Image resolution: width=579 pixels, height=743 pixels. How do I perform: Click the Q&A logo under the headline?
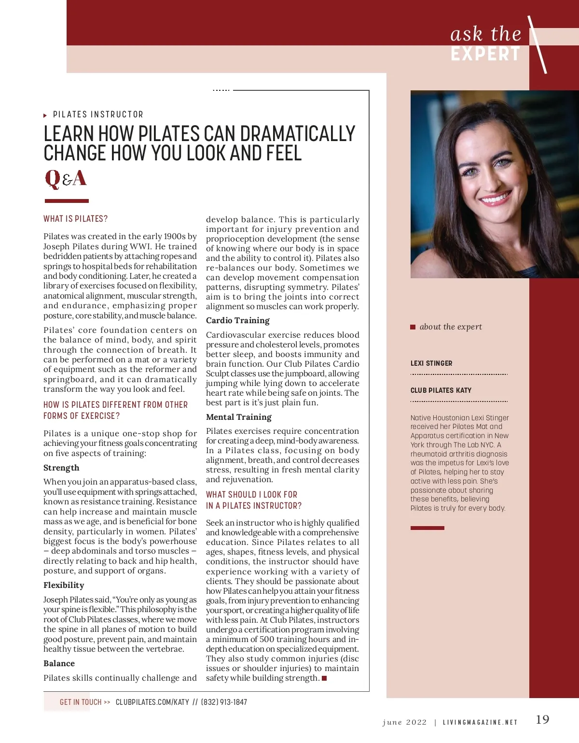pyautogui.click(x=66, y=178)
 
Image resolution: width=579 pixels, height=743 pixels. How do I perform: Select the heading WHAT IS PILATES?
pyautogui.click(x=76, y=219)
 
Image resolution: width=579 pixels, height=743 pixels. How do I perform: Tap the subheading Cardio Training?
pyautogui.click(x=237, y=320)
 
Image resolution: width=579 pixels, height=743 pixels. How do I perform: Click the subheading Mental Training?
pyautogui.click(x=238, y=417)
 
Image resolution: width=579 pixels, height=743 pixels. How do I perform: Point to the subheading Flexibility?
pyautogui.click(x=64, y=585)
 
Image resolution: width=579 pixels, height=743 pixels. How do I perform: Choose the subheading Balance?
pyautogui.click(x=59, y=663)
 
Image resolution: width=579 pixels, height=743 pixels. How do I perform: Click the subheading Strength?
pyautogui.click(x=61, y=468)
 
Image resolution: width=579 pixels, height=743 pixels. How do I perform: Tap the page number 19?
pyautogui.click(x=542, y=719)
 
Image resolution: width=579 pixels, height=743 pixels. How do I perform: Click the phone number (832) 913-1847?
pyautogui.click(x=224, y=702)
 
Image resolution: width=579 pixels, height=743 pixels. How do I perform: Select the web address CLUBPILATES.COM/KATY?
pyautogui.click(x=152, y=702)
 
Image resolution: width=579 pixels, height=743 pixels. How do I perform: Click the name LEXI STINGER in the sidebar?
pyautogui.click(x=431, y=363)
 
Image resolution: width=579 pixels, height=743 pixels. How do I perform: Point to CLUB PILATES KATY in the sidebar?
pyautogui.click(x=441, y=390)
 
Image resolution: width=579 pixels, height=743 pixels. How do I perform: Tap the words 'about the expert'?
pyautogui.click(x=451, y=327)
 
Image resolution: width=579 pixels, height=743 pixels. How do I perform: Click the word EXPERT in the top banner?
pyautogui.click(x=485, y=54)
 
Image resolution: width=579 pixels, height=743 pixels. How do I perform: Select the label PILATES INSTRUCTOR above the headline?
pyautogui.click(x=98, y=114)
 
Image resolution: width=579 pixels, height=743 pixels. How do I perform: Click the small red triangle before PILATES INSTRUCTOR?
pyautogui.click(x=45, y=115)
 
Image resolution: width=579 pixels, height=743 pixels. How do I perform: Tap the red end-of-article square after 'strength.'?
pyautogui.click(x=324, y=678)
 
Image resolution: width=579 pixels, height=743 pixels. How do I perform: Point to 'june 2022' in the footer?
pyautogui.click(x=404, y=722)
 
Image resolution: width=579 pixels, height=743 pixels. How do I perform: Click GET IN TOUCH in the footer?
pyautogui.click(x=81, y=702)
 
